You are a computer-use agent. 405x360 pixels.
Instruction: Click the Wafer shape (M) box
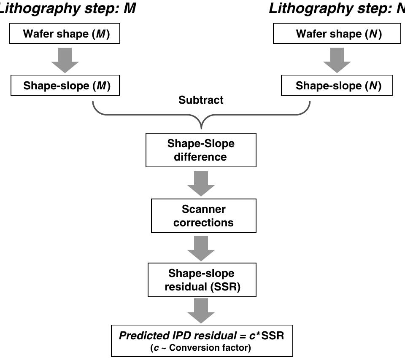pyautogui.click(x=65, y=34)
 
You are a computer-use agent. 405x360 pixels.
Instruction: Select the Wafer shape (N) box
pyautogui.click(x=337, y=34)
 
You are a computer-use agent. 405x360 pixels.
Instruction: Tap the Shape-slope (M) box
pyautogui.click(x=65, y=86)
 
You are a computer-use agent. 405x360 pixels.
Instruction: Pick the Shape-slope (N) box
pyautogui.click(x=337, y=86)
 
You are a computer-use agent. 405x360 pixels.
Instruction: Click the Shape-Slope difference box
pyautogui.click(x=201, y=150)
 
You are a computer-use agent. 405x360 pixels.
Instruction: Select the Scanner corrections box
pyautogui.click(x=203, y=216)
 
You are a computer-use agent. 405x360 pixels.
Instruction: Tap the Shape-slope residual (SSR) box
pyautogui.click(x=202, y=280)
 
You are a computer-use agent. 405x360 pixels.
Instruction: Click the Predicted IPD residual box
pyautogui.click(x=202, y=341)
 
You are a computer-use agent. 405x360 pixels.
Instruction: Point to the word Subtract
pyautogui.click(x=201, y=100)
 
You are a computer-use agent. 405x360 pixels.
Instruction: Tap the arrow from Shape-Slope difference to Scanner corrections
pyautogui.click(x=201, y=183)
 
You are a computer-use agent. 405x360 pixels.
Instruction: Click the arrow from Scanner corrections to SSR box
pyautogui.click(x=201, y=248)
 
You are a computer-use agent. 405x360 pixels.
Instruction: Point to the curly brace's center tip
pyautogui.click(x=201, y=126)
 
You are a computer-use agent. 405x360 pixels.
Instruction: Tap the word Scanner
pyautogui.click(x=203, y=210)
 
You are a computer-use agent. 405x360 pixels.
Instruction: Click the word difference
pyautogui.click(x=200, y=157)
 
